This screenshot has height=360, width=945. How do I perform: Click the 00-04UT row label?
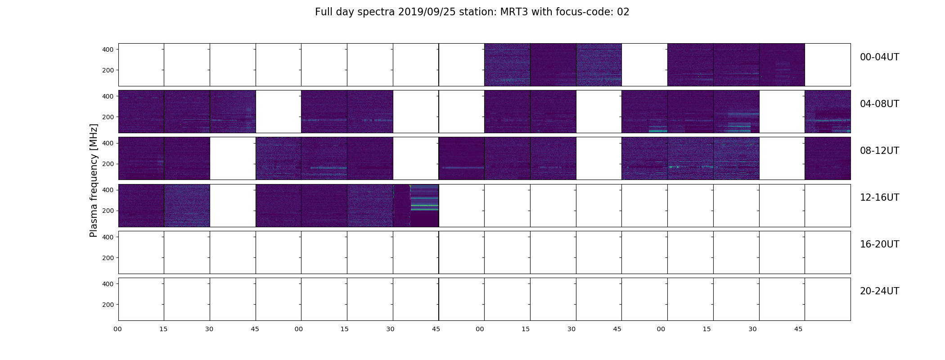click(x=879, y=57)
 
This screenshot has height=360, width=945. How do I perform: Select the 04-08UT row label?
click(x=879, y=104)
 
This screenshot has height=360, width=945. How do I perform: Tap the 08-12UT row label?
click(x=879, y=151)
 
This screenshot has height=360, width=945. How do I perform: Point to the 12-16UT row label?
click(x=879, y=198)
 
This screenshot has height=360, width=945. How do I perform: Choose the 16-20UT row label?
click(x=879, y=244)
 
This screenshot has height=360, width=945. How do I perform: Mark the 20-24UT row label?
click(x=879, y=291)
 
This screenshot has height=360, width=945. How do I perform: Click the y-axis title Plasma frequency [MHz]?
click(x=94, y=180)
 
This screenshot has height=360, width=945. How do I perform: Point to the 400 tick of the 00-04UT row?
click(x=108, y=49)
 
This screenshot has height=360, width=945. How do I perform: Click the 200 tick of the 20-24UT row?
click(x=108, y=305)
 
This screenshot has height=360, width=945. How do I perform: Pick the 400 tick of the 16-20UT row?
click(x=108, y=237)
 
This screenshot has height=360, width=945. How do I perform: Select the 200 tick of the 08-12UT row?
click(x=108, y=164)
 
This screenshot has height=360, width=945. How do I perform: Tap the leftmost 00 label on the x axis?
click(x=118, y=329)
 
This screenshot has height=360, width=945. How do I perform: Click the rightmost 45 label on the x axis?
click(x=798, y=329)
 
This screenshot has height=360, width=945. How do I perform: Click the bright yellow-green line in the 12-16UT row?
click(x=424, y=206)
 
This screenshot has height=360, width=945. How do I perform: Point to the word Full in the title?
click(x=323, y=12)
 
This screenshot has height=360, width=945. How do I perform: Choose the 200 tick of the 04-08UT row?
click(x=108, y=117)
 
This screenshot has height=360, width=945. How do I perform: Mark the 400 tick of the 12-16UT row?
click(x=108, y=190)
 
